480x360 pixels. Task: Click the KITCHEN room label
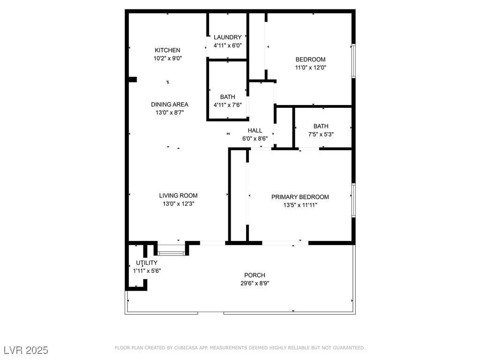point(167,50)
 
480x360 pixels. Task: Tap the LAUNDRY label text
point(227,37)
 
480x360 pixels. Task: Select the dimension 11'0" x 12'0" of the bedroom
point(310,67)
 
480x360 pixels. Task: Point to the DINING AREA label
point(169,105)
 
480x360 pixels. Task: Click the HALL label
point(255,130)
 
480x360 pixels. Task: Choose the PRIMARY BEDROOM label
point(300,197)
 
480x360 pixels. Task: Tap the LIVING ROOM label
point(178,195)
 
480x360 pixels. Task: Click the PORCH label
point(255,275)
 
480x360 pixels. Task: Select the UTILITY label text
point(147,262)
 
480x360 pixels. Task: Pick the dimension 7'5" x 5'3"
point(321,134)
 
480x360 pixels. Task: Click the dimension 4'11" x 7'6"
point(227,105)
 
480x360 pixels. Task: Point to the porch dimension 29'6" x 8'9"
point(255,283)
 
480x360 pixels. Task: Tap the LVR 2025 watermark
point(26,350)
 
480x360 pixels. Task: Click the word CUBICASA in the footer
point(189,348)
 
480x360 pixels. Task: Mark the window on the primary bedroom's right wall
point(353,200)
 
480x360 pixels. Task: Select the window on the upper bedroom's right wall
point(353,61)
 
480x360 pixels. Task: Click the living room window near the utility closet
point(171,253)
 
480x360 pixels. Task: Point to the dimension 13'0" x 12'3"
point(178,204)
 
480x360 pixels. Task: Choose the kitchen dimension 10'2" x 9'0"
point(167,59)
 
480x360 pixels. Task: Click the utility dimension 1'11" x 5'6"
point(147,270)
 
